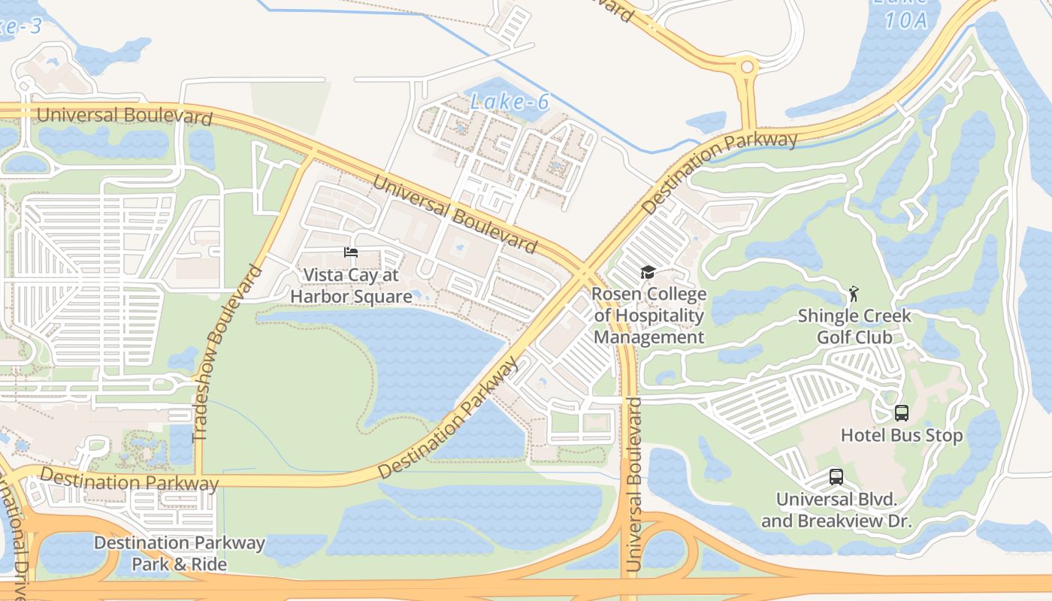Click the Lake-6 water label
point(509,101)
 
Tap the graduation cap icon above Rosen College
point(648,272)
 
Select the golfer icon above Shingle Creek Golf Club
point(853,293)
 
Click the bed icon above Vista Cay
point(351,252)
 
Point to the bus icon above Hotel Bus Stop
point(901,412)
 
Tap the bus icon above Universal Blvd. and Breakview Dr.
point(836,476)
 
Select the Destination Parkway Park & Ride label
point(180,553)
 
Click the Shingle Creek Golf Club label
point(854,326)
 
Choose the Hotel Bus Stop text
point(901,436)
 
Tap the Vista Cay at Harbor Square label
point(351,285)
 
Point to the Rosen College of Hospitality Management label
point(649,316)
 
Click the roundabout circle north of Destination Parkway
point(747,68)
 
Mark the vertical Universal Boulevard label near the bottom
point(633,485)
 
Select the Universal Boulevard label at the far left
point(124,116)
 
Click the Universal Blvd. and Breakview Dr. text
point(836,510)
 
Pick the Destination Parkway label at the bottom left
point(128,479)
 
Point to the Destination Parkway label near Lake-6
point(720,173)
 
